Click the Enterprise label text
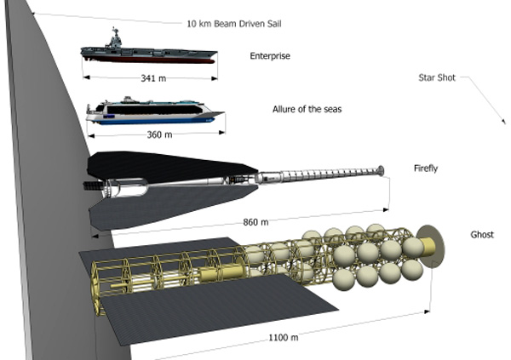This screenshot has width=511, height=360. point(270,56)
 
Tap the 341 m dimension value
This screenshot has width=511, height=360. point(153,78)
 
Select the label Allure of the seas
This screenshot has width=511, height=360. point(307,109)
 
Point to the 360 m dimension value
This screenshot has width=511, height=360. point(160,134)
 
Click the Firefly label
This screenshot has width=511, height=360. point(426,169)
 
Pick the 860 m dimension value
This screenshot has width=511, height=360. point(255,222)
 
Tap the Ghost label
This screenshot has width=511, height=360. point(482,235)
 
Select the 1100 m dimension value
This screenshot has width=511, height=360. point(284,337)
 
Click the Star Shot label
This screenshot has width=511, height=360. point(437,77)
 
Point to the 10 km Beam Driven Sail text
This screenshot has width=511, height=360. point(234,24)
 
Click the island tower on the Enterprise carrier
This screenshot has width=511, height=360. point(114,38)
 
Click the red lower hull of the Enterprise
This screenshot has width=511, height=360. point(149,60)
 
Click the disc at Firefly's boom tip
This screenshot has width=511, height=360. point(381,171)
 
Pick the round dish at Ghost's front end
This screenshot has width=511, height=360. point(431,246)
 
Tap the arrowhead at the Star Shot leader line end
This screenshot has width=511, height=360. point(504,122)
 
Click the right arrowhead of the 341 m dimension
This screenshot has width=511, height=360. point(215,78)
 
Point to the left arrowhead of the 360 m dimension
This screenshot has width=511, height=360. point(91,135)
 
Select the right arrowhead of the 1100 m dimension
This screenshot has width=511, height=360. point(427,311)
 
